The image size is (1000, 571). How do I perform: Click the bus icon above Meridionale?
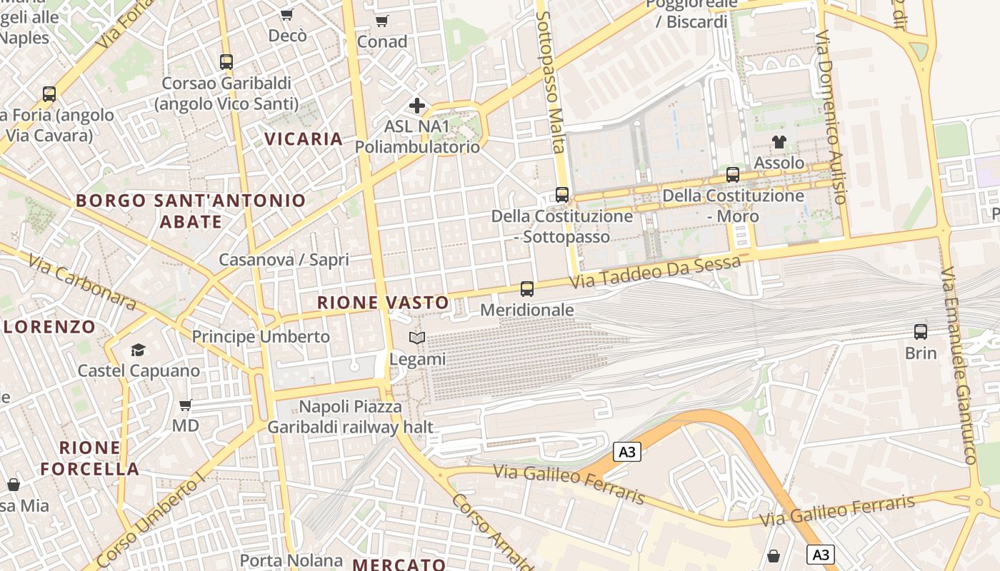click(527, 289)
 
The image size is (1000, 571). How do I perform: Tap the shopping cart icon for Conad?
click(382, 21)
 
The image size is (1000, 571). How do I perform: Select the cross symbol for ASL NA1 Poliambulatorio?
click(417, 106)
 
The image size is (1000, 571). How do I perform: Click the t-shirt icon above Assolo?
click(779, 142)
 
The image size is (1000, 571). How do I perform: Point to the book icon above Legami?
click(417, 338)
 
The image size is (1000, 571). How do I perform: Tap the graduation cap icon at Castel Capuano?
click(138, 350)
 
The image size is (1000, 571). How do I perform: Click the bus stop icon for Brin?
click(921, 332)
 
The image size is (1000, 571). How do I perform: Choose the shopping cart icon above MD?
click(186, 405)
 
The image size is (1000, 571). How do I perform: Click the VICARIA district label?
click(304, 138)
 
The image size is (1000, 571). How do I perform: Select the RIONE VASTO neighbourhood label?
click(383, 303)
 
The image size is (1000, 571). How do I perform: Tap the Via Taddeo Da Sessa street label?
click(655, 273)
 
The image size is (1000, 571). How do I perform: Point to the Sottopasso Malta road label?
click(549, 81)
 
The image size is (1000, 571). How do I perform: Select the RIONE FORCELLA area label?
click(90, 458)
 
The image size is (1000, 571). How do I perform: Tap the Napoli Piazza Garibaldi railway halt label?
click(350, 417)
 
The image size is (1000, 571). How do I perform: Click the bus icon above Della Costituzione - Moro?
click(733, 175)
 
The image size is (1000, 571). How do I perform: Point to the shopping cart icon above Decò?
click(287, 15)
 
